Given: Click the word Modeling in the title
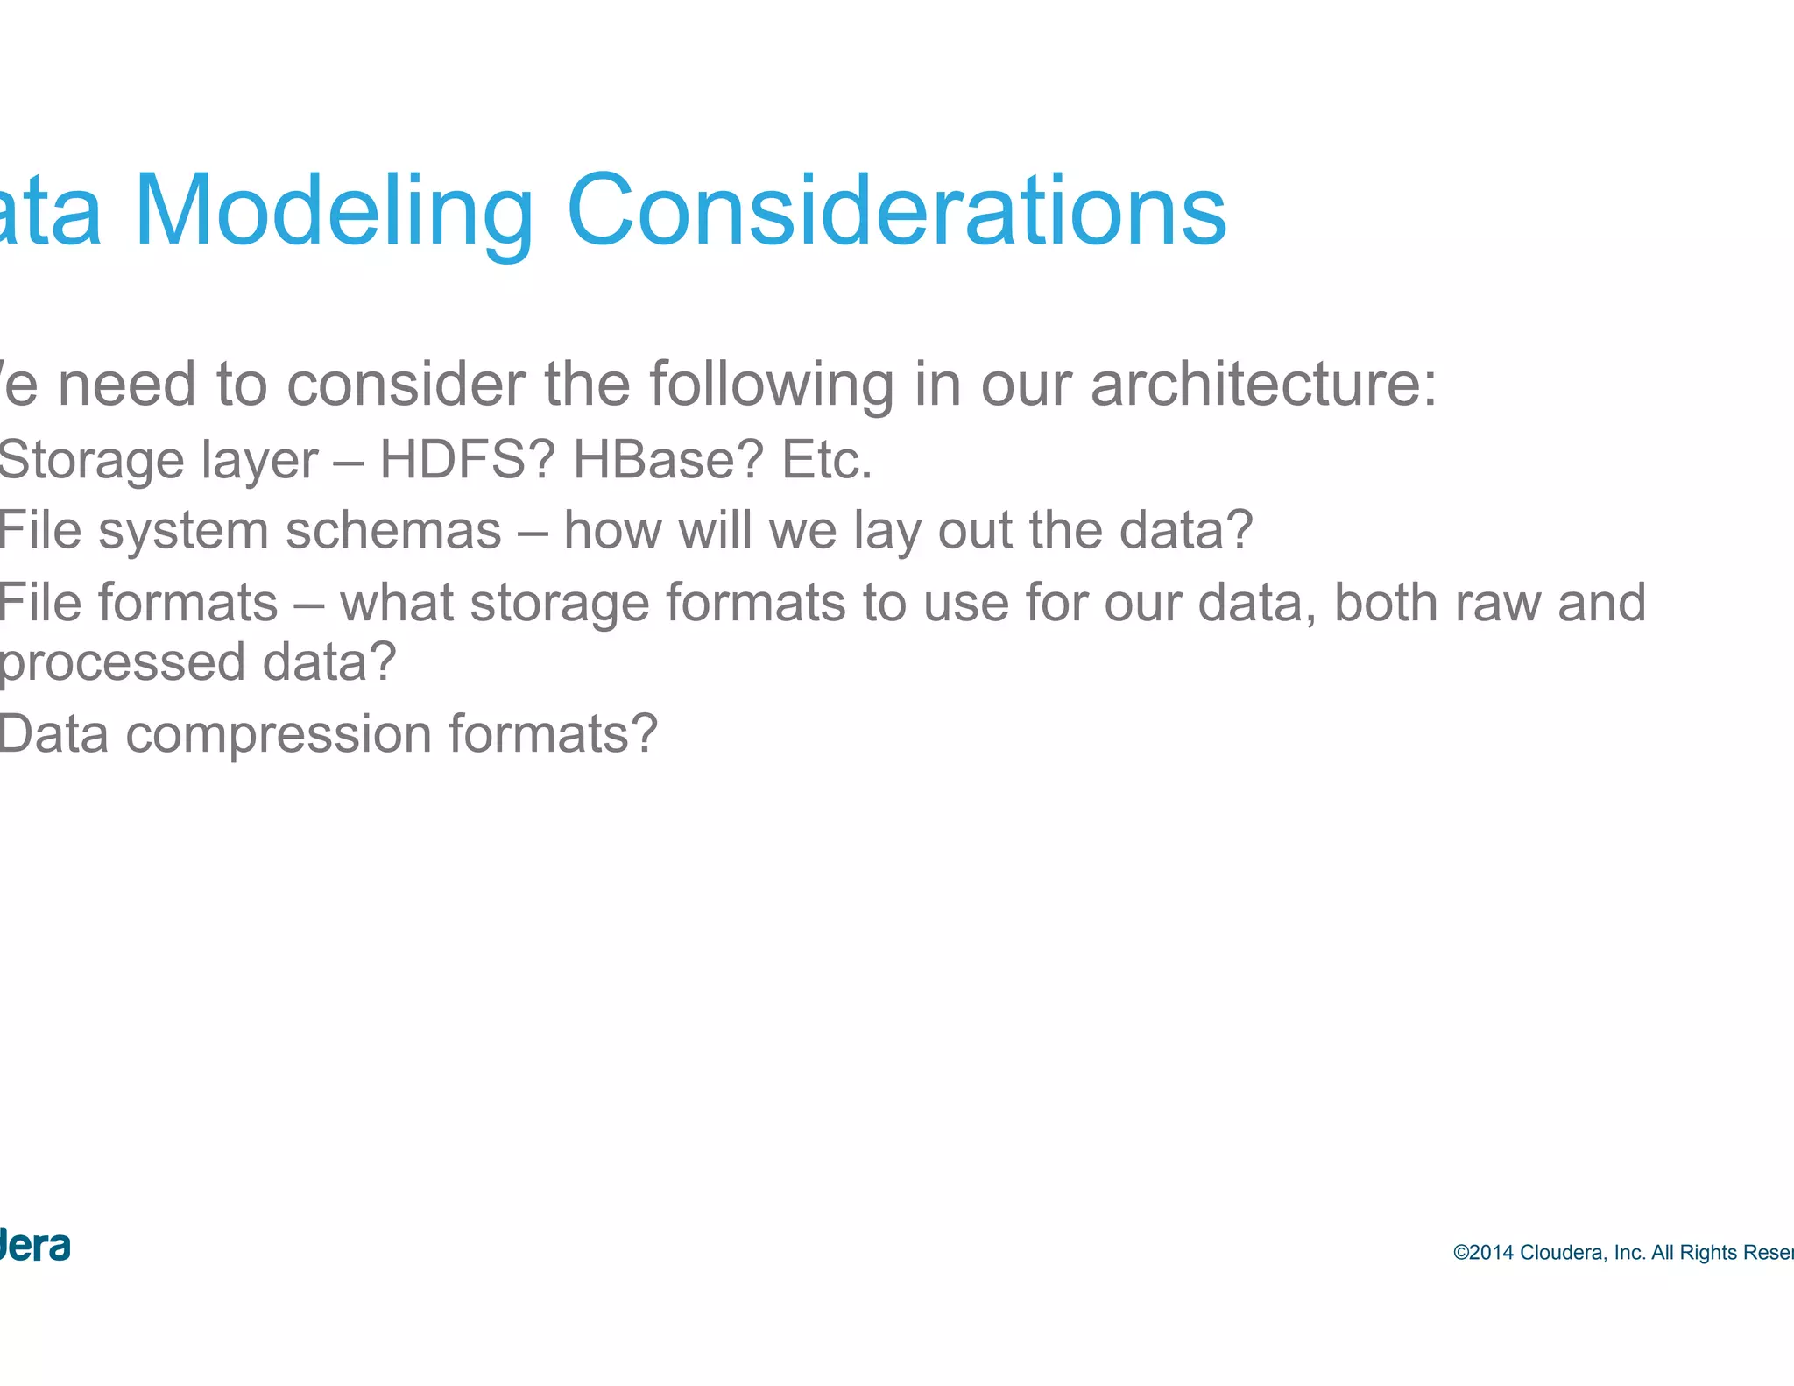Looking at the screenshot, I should coord(333,212).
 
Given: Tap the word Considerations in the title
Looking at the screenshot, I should coord(896,212).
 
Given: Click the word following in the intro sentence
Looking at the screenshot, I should coord(771,385).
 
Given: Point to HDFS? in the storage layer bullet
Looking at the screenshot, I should coord(467,459).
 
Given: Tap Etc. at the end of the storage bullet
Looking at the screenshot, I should coord(826,459).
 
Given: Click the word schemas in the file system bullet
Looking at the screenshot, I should coord(393,530).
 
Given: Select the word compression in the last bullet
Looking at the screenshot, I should coord(279,734).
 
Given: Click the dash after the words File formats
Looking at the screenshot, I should coord(308,604).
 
